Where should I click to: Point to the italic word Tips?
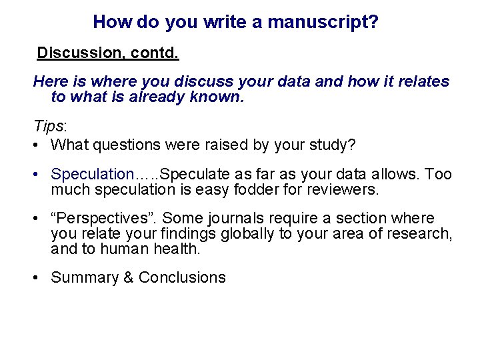[49, 127]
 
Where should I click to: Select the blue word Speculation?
[93, 175]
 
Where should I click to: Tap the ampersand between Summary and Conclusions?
[129, 278]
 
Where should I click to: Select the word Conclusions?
[182, 278]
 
